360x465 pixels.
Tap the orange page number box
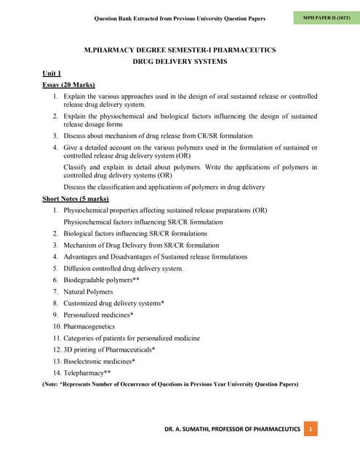click(311, 429)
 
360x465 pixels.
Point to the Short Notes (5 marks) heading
click(76, 198)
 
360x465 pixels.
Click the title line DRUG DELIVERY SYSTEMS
click(180, 62)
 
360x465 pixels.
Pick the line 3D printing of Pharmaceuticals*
click(109, 349)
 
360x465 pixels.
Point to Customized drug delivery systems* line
click(113, 303)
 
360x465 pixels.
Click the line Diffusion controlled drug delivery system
click(124, 268)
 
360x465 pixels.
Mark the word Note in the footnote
click(55, 384)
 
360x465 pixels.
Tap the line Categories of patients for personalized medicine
click(132, 338)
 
